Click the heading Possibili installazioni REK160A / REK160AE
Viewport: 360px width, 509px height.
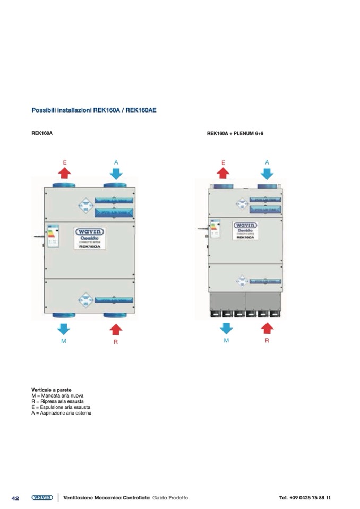point(93,110)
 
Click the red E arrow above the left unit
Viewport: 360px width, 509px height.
point(64,172)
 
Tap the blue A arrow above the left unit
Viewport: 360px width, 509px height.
point(116,172)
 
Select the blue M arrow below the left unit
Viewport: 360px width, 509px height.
point(64,327)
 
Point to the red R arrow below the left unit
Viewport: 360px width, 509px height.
point(115,329)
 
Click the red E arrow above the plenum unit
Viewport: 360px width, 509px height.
point(223,172)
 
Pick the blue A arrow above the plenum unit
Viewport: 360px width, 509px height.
point(267,172)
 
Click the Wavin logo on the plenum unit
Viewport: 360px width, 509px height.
point(245,226)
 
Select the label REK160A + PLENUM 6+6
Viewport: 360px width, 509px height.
point(235,134)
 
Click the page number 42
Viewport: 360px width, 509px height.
point(15,498)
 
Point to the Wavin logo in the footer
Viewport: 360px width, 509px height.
point(42,498)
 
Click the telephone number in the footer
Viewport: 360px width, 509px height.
point(305,498)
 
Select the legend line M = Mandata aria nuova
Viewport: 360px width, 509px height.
point(57,396)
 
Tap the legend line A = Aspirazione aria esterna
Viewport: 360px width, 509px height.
point(61,413)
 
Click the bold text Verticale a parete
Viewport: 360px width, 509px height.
point(52,390)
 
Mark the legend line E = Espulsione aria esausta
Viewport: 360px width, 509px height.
point(61,407)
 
